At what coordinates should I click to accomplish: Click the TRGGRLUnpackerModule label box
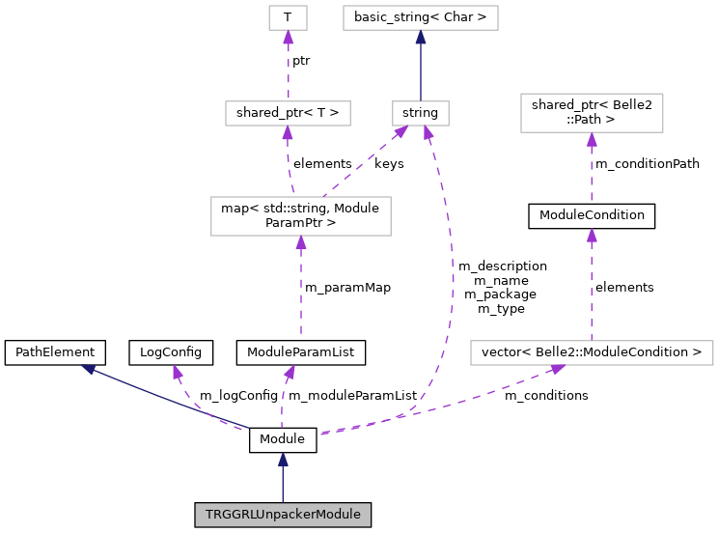pyautogui.click(x=283, y=515)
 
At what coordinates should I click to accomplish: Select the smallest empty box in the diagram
pyautogui.click(x=288, y=17)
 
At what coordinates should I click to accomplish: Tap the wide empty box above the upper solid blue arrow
pyautogui.click(x=421, y=17)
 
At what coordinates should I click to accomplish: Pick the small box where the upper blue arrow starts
pyautogui.click(x=421, y=113)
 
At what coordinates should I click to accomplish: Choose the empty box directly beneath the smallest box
pyautogui.click(x=288, y=113)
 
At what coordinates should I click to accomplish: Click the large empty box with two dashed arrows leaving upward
pyautogui.click(x=301, y=216)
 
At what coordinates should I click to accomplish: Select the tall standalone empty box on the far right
pyautogui.click(x=592, y=113)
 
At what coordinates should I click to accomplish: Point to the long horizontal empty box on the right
pyautogui.click(x=592, y=352)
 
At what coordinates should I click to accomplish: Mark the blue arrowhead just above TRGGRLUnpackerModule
pyautogui.click(x=283, y=460)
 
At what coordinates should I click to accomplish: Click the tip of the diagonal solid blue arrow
pyautogui.click(x=88, y=368)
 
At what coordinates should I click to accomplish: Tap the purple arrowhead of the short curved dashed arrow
pyautogui.click(x=178, y=372)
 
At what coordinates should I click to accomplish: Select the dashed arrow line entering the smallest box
pyautogui.click(x=288, y=68)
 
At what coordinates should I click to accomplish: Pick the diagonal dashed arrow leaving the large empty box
pyautogui.click(x=363, y=163)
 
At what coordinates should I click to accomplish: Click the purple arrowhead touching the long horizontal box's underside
pyautogui.click(x=557, y=369)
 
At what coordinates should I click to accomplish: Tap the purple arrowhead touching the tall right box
pyautogui.click(x=592, y=140)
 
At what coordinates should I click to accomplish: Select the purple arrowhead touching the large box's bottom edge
pyautogui.click(x=301, y=243)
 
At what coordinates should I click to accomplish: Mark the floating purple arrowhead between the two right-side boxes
pyautogui.click(x=592, y=236)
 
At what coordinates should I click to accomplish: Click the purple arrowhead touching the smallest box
pyautogui.click(x=288, y=38)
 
